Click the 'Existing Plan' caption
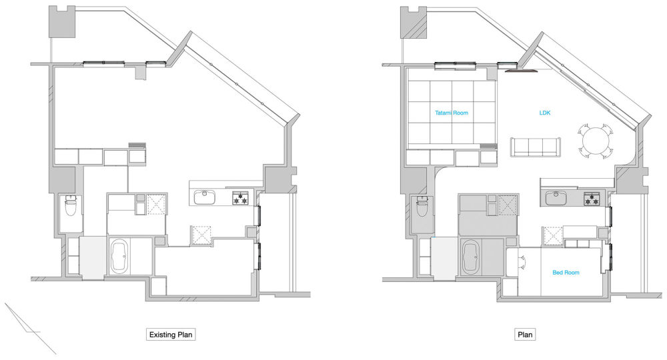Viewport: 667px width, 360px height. (171, 335)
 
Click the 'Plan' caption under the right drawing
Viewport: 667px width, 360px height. (525, 335)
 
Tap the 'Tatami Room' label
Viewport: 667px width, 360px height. (452, 113)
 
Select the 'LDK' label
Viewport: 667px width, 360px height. (544, 113)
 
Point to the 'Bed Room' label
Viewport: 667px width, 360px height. (566, 273)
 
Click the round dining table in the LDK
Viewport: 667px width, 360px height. (596, 141)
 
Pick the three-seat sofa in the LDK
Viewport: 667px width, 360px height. (535, 147)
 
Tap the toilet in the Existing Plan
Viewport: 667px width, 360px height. (70, 206)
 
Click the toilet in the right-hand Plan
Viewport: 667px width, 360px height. (422, 206)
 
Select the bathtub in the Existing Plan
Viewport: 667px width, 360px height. (119, 255)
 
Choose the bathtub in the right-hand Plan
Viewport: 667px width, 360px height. (470, 256)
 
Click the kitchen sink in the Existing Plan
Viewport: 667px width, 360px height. (205, 197)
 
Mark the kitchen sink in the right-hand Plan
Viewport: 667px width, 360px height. (556, 198)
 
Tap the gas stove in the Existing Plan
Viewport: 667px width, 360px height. (240, 198)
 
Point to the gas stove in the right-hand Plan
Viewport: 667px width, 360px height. (592, 199)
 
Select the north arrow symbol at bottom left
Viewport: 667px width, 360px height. (30, 328)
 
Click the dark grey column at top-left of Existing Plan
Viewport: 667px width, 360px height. (62, 22)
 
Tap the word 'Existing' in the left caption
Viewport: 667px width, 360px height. (162, 335)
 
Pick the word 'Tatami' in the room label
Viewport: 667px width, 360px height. (443, 113)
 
